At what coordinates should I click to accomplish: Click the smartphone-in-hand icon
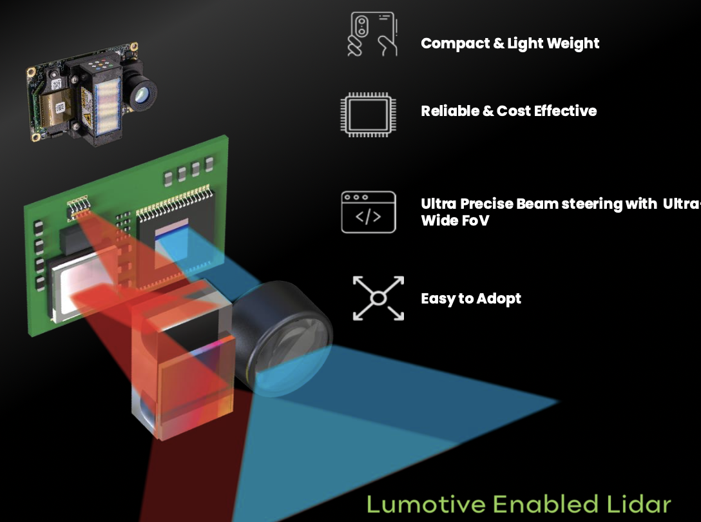(x=372, y=34)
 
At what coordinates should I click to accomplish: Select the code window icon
(x=368, y=212)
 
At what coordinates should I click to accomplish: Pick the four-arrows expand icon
(x=378, y=298)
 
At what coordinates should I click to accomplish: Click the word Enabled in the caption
(x=546, y=504)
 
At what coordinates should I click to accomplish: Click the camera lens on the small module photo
(x=142, y=94)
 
